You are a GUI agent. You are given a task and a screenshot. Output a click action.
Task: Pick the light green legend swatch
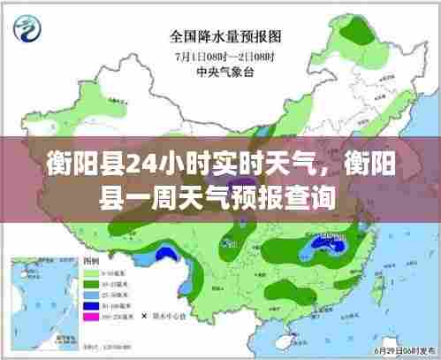[x=92, y=277]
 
